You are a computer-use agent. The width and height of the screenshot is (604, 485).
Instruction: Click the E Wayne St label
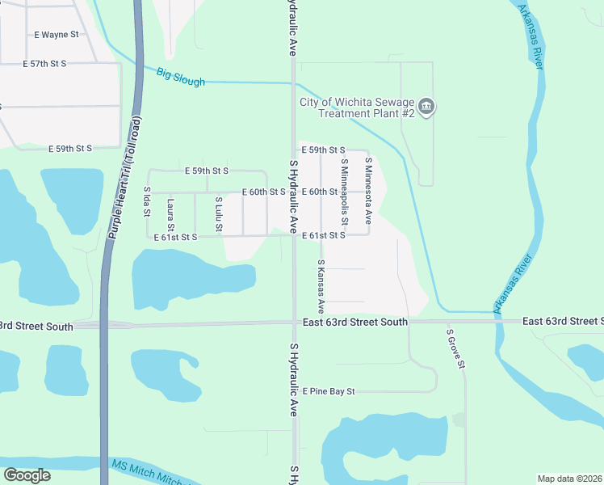pos(57,35)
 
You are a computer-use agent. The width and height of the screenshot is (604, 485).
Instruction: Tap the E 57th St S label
pos(57,63)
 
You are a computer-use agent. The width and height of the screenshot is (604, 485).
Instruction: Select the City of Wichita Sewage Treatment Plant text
pos(357,108)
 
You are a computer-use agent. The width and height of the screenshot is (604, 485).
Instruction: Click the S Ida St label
pos(148,200)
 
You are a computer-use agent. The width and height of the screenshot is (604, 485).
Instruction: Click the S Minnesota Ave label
pos(367,189)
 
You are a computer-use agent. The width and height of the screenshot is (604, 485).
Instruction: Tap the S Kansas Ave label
pos(321,286)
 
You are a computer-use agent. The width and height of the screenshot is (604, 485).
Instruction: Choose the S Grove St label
pos(456,347)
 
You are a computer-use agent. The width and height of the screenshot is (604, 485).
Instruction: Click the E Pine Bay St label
pos(329,391)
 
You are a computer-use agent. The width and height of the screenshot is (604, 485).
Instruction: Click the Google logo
pos(27,475)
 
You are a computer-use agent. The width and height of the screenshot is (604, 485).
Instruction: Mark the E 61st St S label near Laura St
pos(175,238)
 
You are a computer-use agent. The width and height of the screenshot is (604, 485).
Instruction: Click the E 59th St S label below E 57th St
pos(70,149)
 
